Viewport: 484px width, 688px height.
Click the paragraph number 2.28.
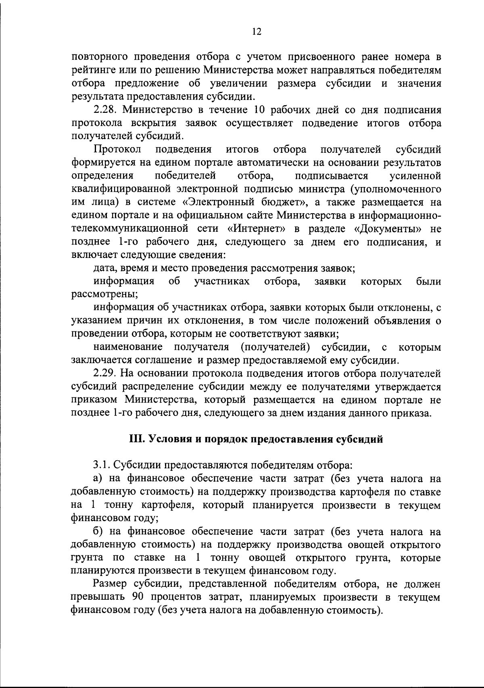click(x=106, y=110)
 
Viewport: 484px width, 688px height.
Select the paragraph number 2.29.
click(x=106, y=374)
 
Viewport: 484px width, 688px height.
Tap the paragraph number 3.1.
click(x=102, y=466)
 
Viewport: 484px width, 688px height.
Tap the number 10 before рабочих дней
click(x=260, y=110)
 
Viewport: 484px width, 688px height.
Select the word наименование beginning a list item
click(x=128, y=347)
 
